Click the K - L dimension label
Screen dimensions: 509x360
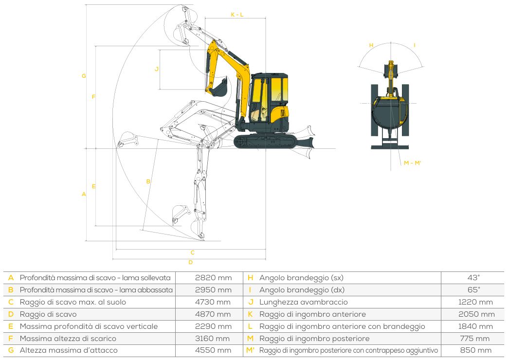237,15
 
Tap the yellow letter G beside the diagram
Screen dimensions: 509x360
84,76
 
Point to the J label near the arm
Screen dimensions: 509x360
157,69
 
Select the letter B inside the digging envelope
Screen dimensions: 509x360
148,181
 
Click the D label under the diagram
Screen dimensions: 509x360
191,262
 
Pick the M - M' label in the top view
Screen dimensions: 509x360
412,163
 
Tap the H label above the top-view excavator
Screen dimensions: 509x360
371,45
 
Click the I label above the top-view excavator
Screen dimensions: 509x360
415,45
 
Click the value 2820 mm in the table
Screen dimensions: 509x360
213,278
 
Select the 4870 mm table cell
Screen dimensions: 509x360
213,314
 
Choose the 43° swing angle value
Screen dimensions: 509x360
473,278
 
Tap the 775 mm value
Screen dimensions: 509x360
474,339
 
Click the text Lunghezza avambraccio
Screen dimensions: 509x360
303,302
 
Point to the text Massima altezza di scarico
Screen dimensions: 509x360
68,339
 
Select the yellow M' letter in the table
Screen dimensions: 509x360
250,351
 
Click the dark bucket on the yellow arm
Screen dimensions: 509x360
218,87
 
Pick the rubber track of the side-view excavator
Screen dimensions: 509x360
265,142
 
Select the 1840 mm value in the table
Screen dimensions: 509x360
475,326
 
